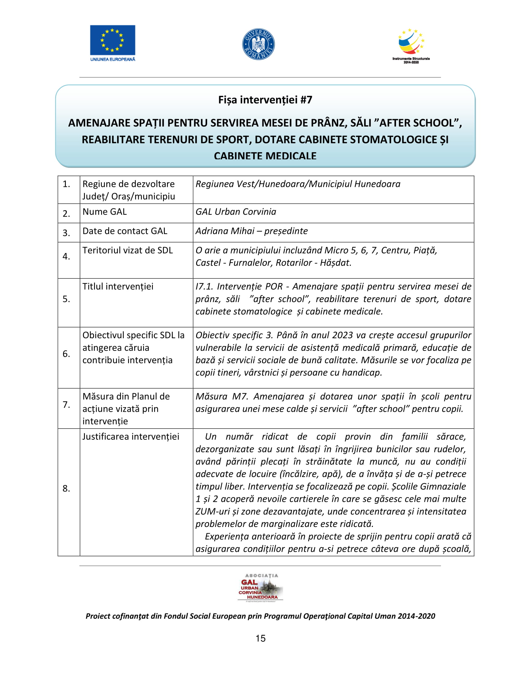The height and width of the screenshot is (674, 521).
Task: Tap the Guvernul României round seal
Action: click(258, 44)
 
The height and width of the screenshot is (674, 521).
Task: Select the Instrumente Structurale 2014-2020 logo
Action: click(411, 46)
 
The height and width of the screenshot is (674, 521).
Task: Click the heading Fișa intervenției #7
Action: click(265, 100)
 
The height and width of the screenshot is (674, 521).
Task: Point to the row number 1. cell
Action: click(67, 184)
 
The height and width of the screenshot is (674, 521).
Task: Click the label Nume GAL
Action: click(105, 212)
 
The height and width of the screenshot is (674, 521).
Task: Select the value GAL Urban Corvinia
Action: click(236, 212)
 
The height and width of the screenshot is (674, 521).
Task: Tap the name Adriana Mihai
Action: click(225, 231)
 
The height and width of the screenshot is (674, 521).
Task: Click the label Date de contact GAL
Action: click(125, 231)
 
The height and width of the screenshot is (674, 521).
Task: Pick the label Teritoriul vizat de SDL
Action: click(127, 250)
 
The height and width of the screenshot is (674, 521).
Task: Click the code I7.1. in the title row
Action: click(204, 286)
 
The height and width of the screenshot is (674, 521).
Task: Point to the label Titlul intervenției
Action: click(118, 286)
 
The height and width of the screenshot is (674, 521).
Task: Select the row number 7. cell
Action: click(67, 405)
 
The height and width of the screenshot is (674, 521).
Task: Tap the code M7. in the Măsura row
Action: click(240, 396)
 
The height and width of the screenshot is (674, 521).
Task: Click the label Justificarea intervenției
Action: click(131, 437)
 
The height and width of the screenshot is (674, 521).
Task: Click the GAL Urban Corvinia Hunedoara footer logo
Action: click(260, 588)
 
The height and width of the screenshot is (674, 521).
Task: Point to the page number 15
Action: click(260, 638)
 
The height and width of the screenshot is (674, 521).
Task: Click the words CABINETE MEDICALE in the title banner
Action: click(265, 156)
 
